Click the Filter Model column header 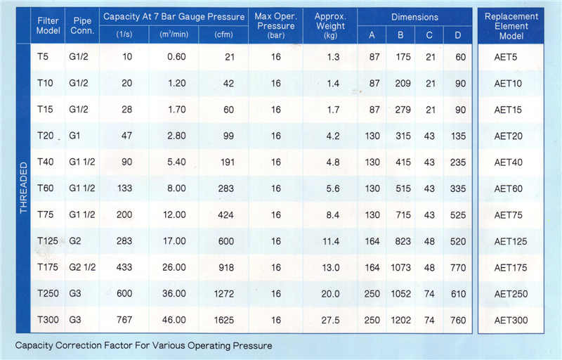(x=48, y=26)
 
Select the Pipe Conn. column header (x=81, y=26)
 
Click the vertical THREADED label (x=23, y=188)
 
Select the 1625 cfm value (x=223, y=320)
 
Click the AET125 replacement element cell (x=511, y=241)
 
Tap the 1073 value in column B (x=400, y=267)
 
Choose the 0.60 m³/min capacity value (x=174, y=57)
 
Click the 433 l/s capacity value (x=123, y=267)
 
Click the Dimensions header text (x=414, y=17)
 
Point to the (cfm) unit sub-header (x=223, y=34)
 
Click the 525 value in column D (x=457, y=214)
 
